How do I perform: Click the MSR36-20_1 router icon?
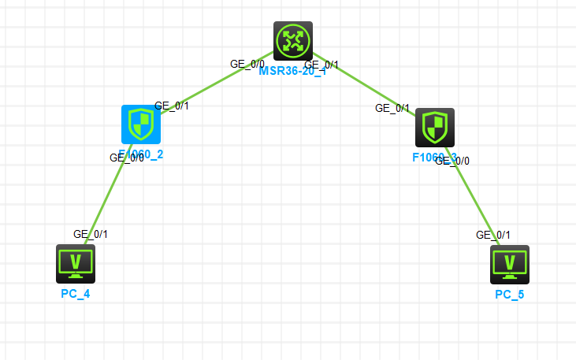(x=293, y=40)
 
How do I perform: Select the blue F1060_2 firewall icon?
(x=141, y=124)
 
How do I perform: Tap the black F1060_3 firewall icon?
(x=435, y=127)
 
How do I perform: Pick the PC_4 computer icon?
(x=76, y=263)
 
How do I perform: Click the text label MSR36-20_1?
(x=292, y=71)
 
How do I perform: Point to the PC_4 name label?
(x=76, y=294)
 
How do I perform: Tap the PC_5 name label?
(x=509, y=295)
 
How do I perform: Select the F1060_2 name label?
(x=141, y=154)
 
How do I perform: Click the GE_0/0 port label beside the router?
(x=247, y=64)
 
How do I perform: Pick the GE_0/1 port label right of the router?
(x=321, y=65)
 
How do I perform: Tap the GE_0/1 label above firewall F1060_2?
(x=172, y=105)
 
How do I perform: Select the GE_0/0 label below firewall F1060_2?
(x=126, y=158)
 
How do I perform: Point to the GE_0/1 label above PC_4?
(x=91, y=234)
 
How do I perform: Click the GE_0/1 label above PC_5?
(x=493, y=235)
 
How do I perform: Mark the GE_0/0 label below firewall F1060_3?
(x=452, y=161)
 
